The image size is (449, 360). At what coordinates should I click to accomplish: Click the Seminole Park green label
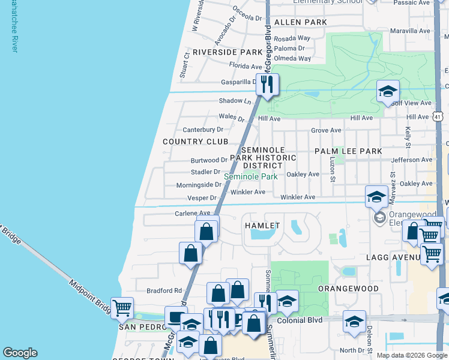click(251, 177)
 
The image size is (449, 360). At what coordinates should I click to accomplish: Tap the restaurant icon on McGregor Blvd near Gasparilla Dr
click(267, 84)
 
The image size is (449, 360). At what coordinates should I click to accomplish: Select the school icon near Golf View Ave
click(388, 92)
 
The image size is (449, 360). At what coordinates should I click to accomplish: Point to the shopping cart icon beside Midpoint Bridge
click(122, 308)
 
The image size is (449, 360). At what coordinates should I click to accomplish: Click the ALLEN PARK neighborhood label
click(300, 22)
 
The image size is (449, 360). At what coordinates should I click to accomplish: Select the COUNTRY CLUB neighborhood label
click(196, 142)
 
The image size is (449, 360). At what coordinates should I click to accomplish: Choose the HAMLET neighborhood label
click(262, 226)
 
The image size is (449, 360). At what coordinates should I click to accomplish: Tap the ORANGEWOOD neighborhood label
click(348, 289)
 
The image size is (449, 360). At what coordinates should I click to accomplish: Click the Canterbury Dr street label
click(203, 130)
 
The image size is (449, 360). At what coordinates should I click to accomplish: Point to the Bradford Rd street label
click(164, 290)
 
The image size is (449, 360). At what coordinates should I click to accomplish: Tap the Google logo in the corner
click(20, 353)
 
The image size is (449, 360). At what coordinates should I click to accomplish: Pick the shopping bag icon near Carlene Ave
click(206, 230)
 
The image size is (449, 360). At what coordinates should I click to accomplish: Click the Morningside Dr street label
click(199, 185)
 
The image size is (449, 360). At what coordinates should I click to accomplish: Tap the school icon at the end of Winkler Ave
click(376, 196)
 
